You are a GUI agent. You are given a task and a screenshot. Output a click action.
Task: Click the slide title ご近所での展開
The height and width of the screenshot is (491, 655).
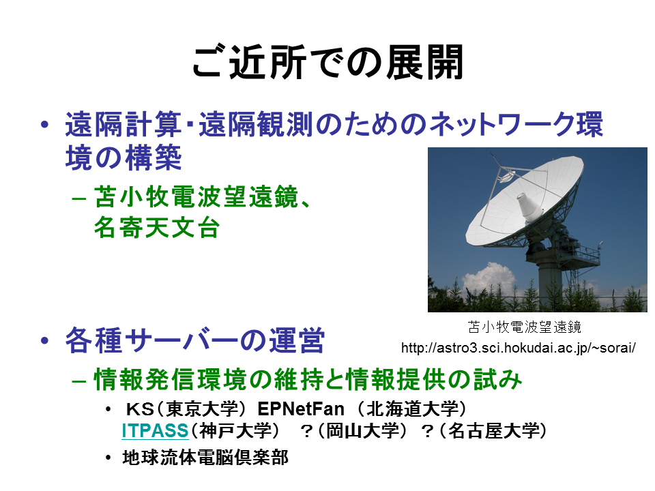coord(328,63)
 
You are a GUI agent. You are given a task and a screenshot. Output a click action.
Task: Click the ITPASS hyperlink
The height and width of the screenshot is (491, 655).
coord(155,431)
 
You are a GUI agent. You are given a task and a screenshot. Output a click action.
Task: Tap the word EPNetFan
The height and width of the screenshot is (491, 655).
coord(301,408)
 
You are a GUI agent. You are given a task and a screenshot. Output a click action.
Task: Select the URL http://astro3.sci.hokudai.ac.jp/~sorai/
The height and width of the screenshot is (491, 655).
coord(519,347)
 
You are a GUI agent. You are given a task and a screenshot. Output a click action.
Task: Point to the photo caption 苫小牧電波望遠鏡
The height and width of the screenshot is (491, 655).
coord(524,327)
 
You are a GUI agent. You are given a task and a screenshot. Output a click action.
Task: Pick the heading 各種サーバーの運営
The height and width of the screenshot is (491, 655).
coord(194,340)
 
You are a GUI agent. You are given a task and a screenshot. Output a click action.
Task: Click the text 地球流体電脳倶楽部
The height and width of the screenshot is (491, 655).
coord(205,458)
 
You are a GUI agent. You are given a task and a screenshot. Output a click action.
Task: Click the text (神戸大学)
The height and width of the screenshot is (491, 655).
coord(235,431)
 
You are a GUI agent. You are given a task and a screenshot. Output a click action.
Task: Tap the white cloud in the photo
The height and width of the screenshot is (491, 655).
coord(489,278)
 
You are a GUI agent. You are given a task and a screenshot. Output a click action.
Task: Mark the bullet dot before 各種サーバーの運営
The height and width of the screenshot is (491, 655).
coord(45,340)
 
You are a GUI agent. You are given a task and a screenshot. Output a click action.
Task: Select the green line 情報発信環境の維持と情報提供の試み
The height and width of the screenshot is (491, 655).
coord(308,379)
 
